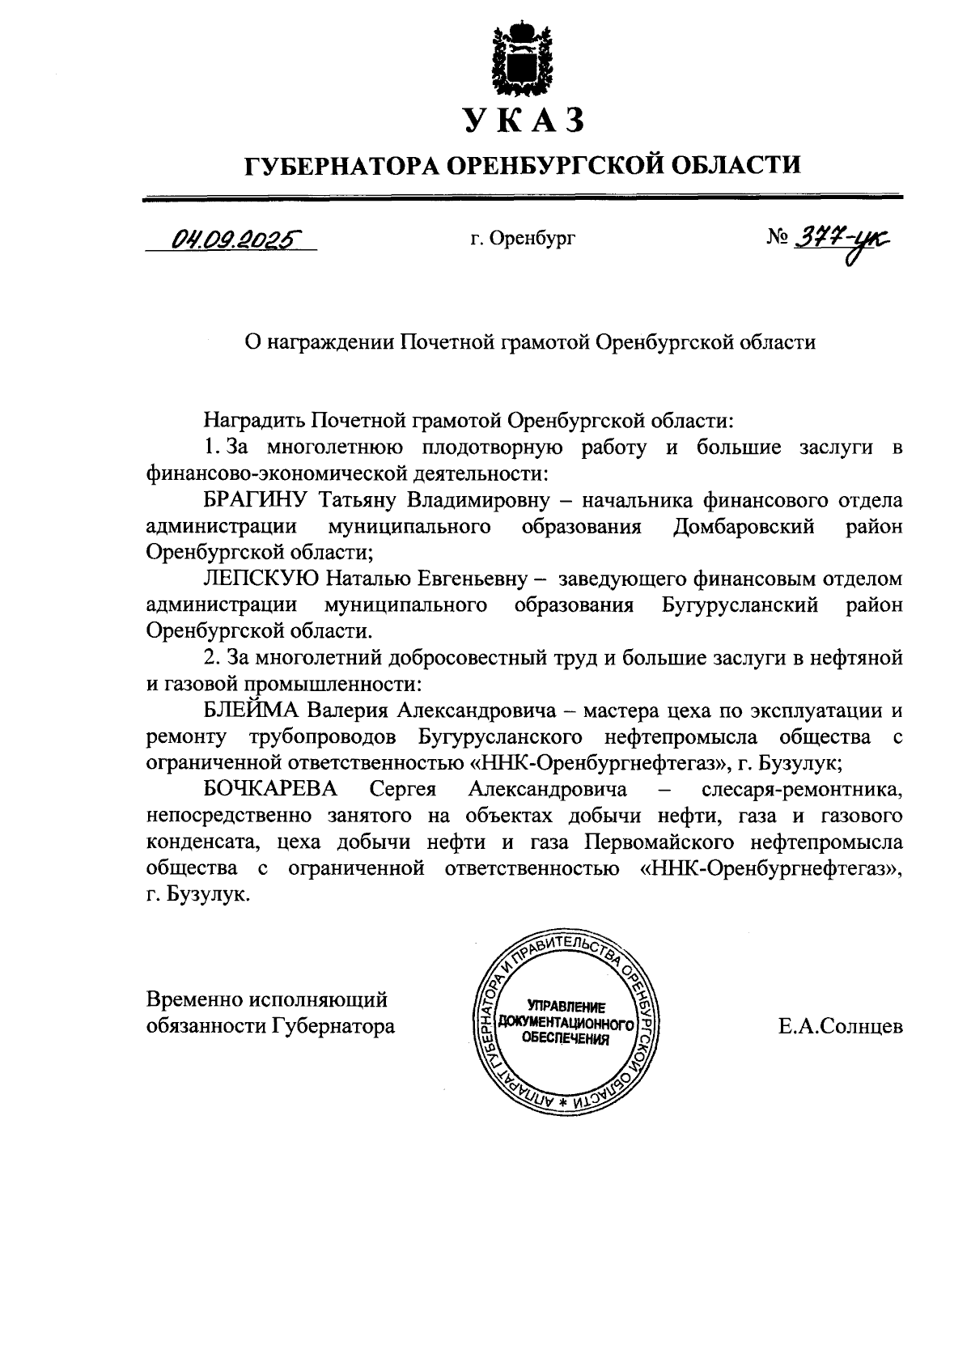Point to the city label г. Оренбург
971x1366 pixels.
point(522,240)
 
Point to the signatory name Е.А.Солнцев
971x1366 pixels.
point(841,1027)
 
